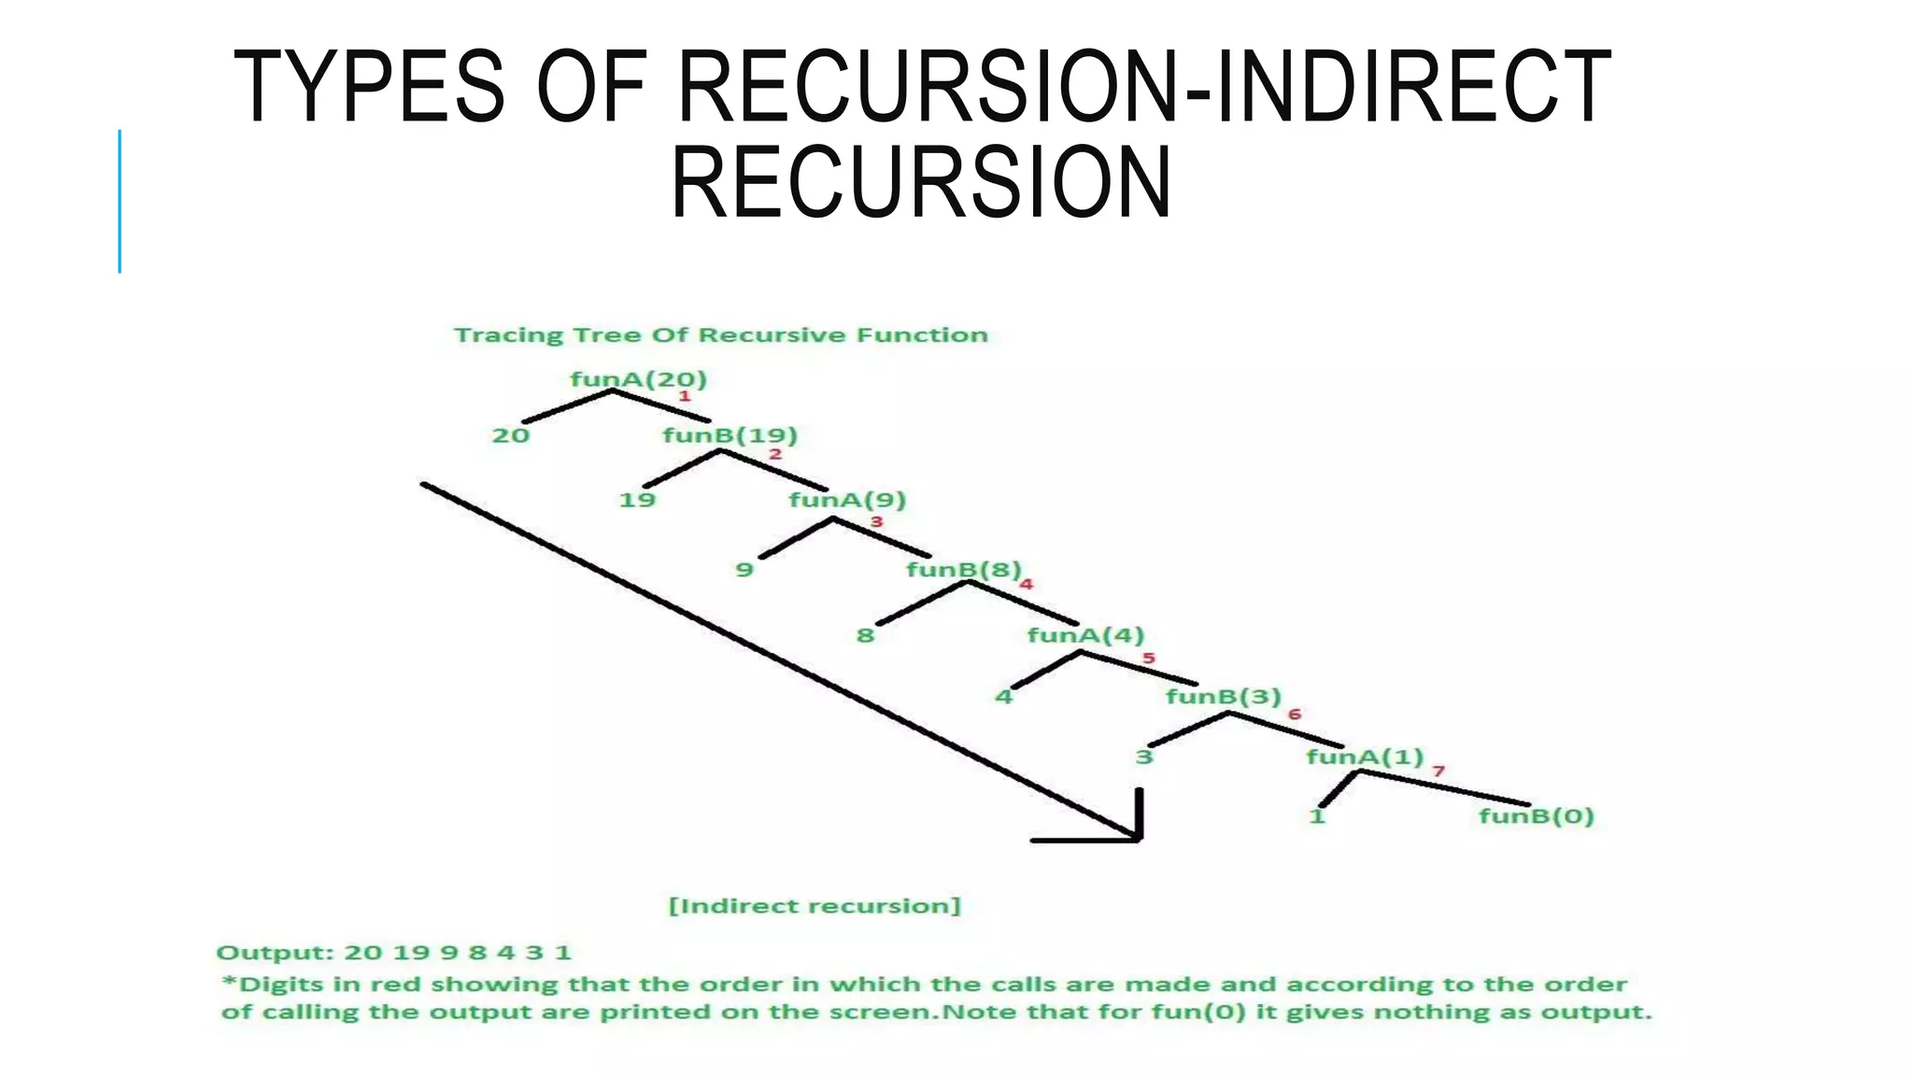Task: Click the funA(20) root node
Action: (638, 379)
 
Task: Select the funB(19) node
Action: (730, 435)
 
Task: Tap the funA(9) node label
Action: (847, 500)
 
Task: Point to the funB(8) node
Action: (964, 570)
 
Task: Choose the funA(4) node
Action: (1085, 636)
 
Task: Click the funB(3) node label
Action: (1223, 697)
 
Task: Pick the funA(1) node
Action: (1364, 757)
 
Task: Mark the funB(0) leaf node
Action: (1536, 816)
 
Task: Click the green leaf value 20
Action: (511, 436)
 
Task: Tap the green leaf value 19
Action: (637, 501)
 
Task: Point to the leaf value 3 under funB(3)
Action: (1144, 757)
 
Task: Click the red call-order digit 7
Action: (1438, 771)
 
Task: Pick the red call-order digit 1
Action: (684, 397)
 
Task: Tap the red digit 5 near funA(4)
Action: (1149, 658)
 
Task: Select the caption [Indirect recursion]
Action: (815, 906)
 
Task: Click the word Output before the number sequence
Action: (273, 954)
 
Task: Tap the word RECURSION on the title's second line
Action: (921, 183)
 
